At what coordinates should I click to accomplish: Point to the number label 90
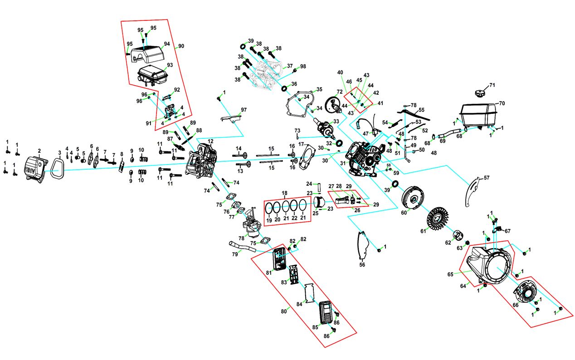click(x=181, y=46)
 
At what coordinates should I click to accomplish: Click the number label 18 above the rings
click(x=285, y=193)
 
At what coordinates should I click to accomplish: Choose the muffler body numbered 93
click(x=153, y=75)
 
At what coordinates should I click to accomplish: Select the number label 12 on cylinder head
click(x=210, y=141)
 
